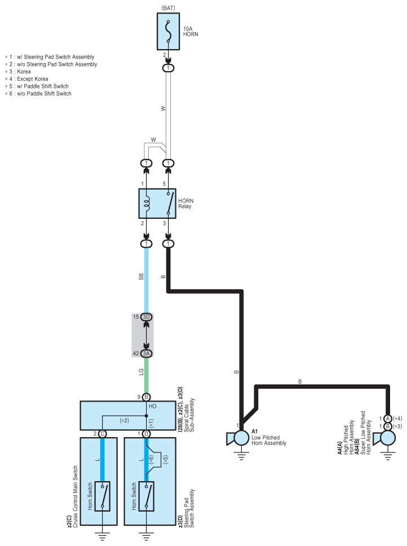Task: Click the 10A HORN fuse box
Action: tap(168, 32)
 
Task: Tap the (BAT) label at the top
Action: tap(169, 8)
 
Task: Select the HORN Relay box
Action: tap(157, 204)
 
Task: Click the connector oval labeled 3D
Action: tap(147, 317)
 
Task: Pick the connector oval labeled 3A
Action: tap(147, 354)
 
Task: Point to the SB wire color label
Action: tap(141, 277)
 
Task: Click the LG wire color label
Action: tap(141, 372)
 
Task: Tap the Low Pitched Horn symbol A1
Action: tap(238, 438)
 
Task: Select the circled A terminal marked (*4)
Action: tap(388, 419)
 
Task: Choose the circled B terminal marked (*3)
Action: tap(388, 426)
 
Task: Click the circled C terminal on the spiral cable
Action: tap(102, 434)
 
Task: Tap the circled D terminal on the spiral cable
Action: tap(146, 434)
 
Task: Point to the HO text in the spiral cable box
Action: tap(152, 406)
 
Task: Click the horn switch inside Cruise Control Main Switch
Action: tap(102, 496)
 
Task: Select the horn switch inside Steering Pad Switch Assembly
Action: tap(146, 496)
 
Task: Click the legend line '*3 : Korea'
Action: tap(17, 72)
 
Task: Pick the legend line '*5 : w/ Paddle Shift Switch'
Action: tap(37, 86)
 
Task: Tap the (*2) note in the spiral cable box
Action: tap(124, 421)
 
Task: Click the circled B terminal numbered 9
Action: tap(146, 397)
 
